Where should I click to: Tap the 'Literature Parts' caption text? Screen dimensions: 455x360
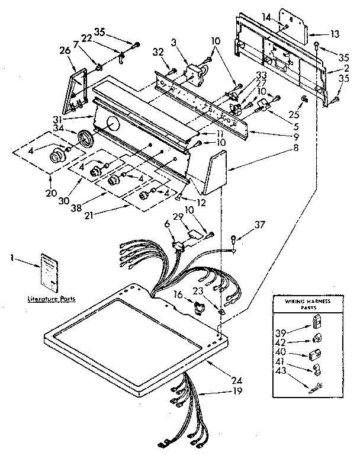pos(49,300)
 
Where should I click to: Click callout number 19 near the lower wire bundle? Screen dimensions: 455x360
pos(220,392)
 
